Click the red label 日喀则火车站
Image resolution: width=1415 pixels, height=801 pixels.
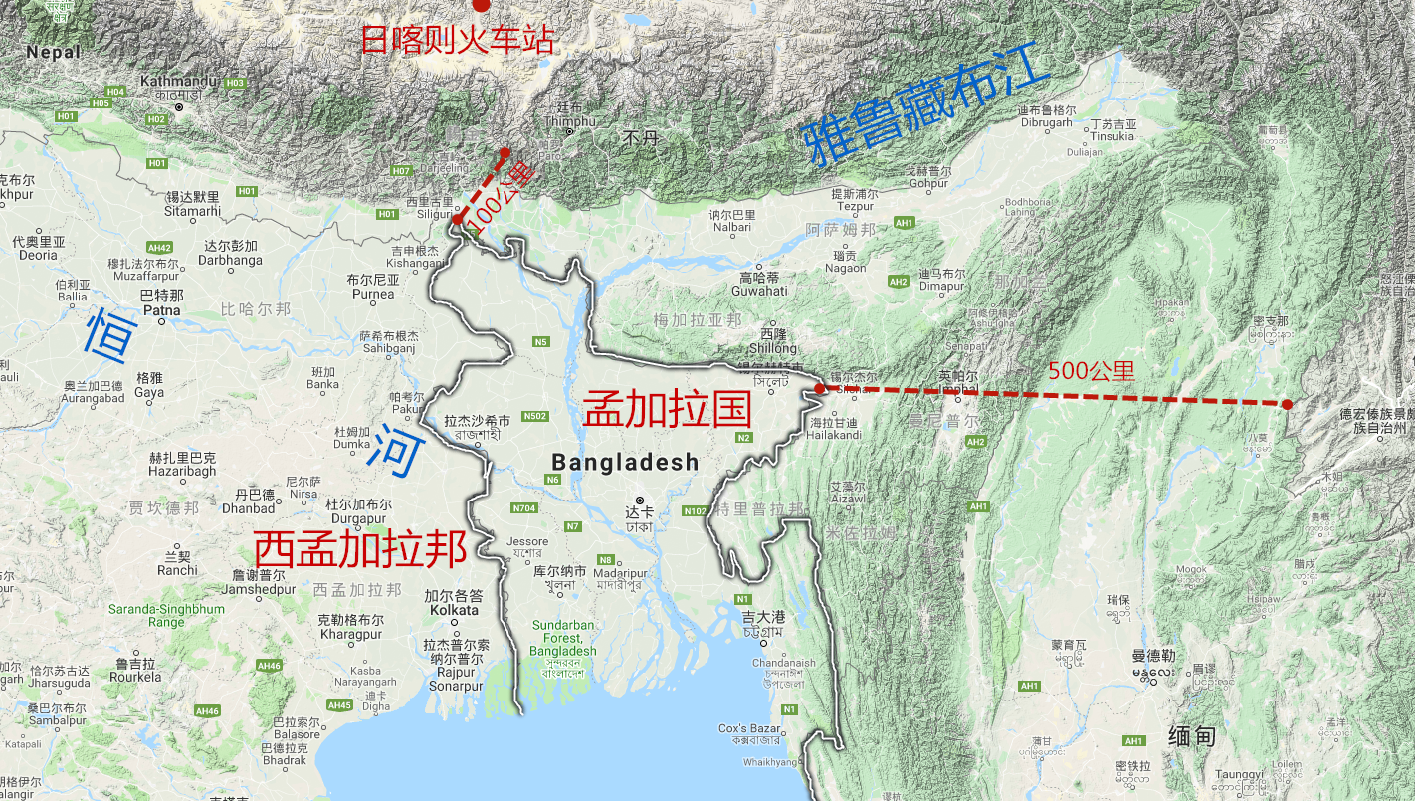(457, 40)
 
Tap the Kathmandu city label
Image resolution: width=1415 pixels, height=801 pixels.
(179, 81)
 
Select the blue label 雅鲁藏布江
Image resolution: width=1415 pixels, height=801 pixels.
(926, 100)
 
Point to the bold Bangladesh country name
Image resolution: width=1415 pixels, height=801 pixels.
(625, 462)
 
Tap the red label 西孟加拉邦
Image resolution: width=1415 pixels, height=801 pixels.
(360, 549)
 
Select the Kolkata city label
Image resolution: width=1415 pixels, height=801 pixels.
(453, 609)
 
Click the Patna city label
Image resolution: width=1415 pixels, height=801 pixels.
(162, 309)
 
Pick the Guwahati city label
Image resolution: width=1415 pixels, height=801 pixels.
(759, 291)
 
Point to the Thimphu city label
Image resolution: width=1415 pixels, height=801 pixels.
(570, 121)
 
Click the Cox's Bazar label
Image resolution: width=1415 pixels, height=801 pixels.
(749, 728)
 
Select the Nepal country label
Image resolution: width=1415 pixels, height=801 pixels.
(53, 52)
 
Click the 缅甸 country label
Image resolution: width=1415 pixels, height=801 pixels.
(1192, 736)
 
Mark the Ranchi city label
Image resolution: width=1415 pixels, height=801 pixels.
(177, 570)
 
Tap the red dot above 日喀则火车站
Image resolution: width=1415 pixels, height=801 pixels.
(482, 5)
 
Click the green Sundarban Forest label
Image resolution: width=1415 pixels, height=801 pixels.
(564, 638)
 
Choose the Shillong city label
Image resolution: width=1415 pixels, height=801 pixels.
(773, 347)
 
